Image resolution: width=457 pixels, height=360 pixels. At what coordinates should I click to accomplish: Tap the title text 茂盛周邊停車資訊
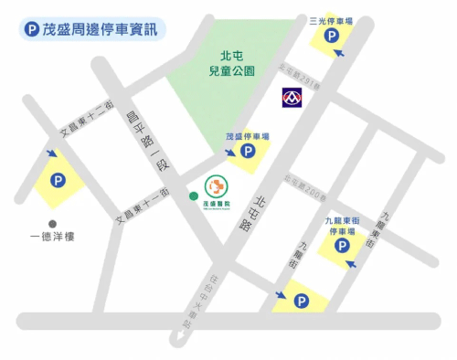coord(100,29)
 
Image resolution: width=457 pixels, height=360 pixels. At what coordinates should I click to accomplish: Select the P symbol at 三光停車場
coord(331,37)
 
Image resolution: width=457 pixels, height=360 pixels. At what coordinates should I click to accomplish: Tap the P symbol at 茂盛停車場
coord(248,153)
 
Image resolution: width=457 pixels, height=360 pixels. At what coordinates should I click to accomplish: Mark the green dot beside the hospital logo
coord(192,195)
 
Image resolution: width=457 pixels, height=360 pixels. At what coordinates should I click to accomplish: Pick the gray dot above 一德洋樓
coord(53,222)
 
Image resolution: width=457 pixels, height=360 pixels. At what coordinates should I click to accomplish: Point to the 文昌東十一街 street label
coord(141,206)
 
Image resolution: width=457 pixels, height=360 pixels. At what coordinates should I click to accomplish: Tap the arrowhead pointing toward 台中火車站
coord(184,341)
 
